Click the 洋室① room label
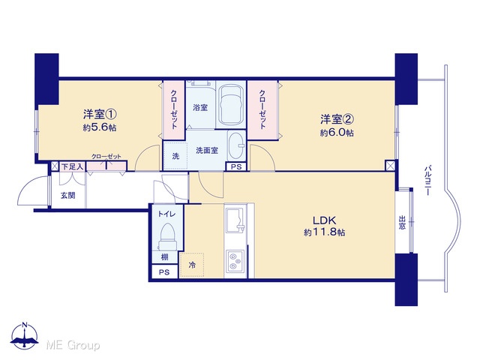tap(100, 115)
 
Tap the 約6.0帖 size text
tap(337, 133)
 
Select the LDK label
tap(325, 220)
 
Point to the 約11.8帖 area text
tap(325, 232)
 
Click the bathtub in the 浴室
tap(231, 105)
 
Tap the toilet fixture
tap(166, 237)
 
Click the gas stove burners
tap(235, 260)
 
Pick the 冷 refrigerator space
tap(192, 265)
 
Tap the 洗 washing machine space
tap(175, 156)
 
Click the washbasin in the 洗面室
tap(235, 145)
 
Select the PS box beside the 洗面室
tap(236, 166)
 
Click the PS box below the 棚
tap(164, 271)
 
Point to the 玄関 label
tap(68, 195)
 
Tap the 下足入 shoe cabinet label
tap(72, 166)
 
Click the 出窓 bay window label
tap(402, 223)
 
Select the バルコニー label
tap(428, 180)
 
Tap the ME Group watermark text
tap(73, 346)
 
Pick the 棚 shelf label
tap(165, 256)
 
